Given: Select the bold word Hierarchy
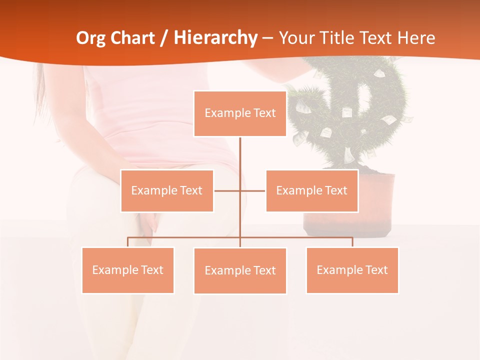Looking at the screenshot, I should pyautogui.click(x=215, y=38).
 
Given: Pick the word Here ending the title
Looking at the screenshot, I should pyautogui.click(x=416, y=38).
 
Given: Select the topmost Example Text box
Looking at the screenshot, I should pyautogui.click(x=240, y=113).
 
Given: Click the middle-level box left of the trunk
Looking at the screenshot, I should pyautogui.click(x=167, y=190).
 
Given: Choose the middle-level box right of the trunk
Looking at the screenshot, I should pyautogui.click(x=311, y=190).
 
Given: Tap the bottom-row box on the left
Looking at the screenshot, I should pyautogui.click(x=127, y=270).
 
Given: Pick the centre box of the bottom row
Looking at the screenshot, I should pyautogui.click(x=240, y=270).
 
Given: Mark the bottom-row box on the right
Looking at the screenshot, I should pyautogui.click(x=352, y=270).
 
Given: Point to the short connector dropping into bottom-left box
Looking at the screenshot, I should pyautogui.click(x=127, y=242).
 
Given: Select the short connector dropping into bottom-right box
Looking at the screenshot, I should pyautogui.click(x=352, y=242).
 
